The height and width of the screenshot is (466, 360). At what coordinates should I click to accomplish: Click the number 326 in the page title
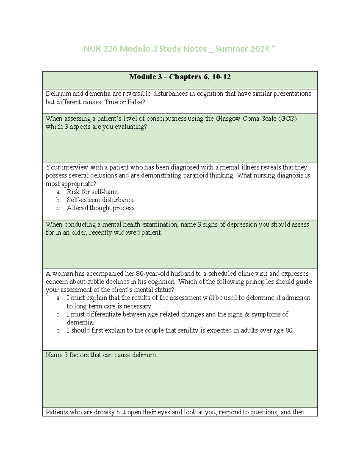[110, 49]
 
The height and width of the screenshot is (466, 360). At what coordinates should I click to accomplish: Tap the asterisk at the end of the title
[274, 48]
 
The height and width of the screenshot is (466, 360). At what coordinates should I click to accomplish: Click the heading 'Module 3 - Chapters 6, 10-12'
[180, 77]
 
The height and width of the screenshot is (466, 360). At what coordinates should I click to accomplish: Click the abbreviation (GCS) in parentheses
[287, 119]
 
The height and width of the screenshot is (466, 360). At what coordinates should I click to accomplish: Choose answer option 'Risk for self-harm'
[92, 192]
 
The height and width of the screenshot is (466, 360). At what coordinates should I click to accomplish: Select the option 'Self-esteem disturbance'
[100, 200]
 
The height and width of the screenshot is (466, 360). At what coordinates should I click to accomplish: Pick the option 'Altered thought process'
[100, 208]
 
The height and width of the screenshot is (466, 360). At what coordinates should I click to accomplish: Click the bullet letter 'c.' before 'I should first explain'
[58, 331]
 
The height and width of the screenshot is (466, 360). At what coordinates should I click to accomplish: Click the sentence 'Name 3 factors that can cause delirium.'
[101, 355]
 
